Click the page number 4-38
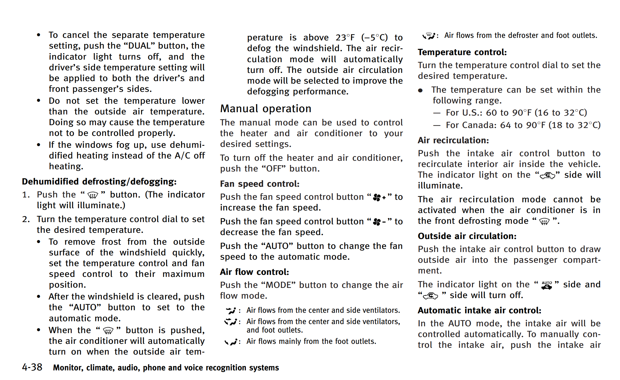(x=32, y=367)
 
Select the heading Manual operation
(x=265, y=108)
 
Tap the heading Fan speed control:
(x=259, y=184)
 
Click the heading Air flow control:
(x=254, y=272)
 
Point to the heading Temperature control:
(x=462, y=52)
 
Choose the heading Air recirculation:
(x=453, y=140)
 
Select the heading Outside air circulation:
(x=467, y=236)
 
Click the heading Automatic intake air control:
(x=479, y=310)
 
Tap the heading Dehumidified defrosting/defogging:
(x=99, y=181)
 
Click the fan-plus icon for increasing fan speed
(x=379, y=197)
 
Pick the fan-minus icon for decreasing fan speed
(x=379, y=222)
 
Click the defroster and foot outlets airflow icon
(x=429, y=36)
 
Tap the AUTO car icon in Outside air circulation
(x=547, y=285)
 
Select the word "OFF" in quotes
(x=274, y=169)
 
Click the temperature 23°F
(x=345, y=38)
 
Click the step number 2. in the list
(x=26, y=219)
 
